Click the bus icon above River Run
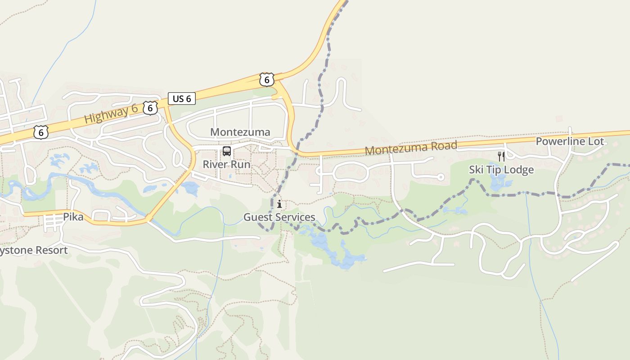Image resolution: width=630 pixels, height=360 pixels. (x=227, y=151)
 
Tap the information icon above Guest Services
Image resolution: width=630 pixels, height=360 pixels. (x=279, y=204)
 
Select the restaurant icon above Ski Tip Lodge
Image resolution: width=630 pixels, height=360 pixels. (x=501, y=156)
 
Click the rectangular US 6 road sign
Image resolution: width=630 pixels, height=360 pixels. (x=182, y=99)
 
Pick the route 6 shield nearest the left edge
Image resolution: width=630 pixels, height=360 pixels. (x=41, y=132)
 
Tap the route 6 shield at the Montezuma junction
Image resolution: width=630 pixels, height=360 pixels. (x=267, y=80)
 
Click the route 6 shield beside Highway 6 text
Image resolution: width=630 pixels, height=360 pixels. (x=150, y=107)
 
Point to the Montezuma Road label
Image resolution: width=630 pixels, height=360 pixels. (x=411, y=148)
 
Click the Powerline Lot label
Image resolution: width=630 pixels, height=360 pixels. (x=570, y=141)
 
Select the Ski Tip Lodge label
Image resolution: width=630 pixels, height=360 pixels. (x=501, y=170)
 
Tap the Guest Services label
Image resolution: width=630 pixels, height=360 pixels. (x=279, y=217)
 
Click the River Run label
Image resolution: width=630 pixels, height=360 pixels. (x=226, y=164)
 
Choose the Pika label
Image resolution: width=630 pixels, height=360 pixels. (x=73, y=217)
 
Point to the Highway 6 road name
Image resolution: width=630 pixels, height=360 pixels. (x=111, y=113)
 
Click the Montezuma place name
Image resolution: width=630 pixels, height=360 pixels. (x=240, y=132)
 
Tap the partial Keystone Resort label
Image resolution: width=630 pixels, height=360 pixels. (x=34, y=250)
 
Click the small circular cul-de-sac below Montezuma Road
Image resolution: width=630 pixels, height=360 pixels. (x=441, y=177)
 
